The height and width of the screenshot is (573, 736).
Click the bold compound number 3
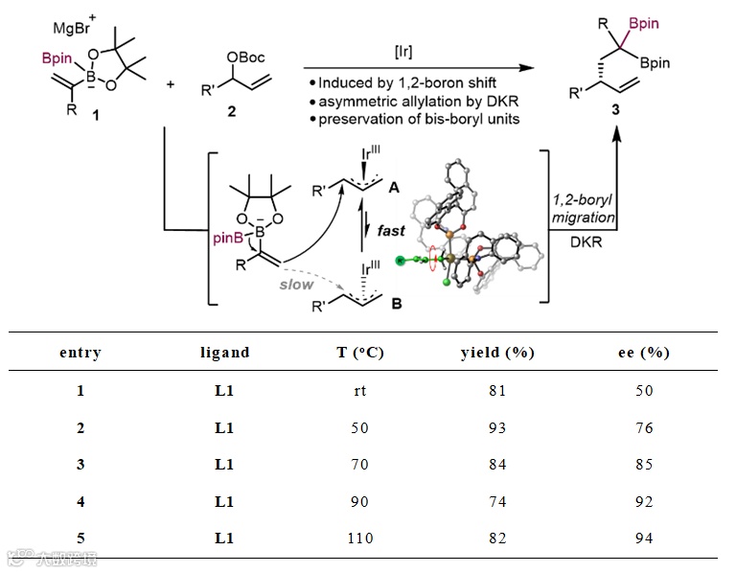(614, 113)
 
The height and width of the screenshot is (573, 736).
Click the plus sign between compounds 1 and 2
(172, 85)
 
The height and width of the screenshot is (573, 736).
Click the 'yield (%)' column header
(496, 353)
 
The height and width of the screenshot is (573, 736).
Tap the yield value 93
(495, 427)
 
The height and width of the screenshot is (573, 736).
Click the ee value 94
(643, 539)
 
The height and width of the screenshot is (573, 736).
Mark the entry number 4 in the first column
(80, 501)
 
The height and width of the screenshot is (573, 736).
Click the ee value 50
(643, 390)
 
